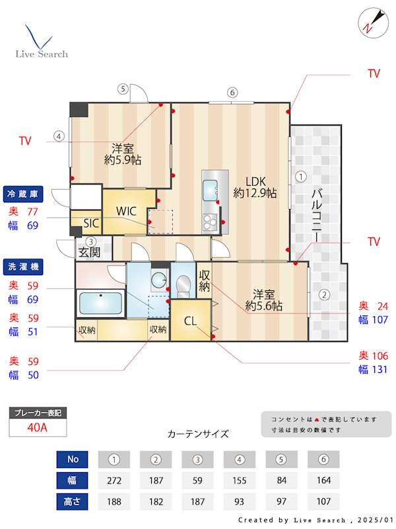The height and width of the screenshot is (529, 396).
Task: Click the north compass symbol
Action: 368,23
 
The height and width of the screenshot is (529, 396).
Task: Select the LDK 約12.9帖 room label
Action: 254,186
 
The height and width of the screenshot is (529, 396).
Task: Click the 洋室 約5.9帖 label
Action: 122,153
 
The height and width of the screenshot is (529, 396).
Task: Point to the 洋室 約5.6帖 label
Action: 264,300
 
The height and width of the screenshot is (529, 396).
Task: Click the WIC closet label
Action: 126,212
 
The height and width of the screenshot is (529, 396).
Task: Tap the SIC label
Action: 90,224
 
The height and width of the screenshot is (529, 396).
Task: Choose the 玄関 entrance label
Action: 89,252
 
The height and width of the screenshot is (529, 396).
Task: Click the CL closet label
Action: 190,322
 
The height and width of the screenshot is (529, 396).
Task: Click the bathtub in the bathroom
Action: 100,304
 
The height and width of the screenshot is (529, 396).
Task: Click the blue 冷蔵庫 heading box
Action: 24,194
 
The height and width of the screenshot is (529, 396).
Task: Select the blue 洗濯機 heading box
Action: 24,267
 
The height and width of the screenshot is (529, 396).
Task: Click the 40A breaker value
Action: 38,427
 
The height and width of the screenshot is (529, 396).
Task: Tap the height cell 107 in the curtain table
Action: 323,502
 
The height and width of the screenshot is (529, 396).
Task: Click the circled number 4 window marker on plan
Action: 59,137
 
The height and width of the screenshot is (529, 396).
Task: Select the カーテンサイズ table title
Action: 198,434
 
